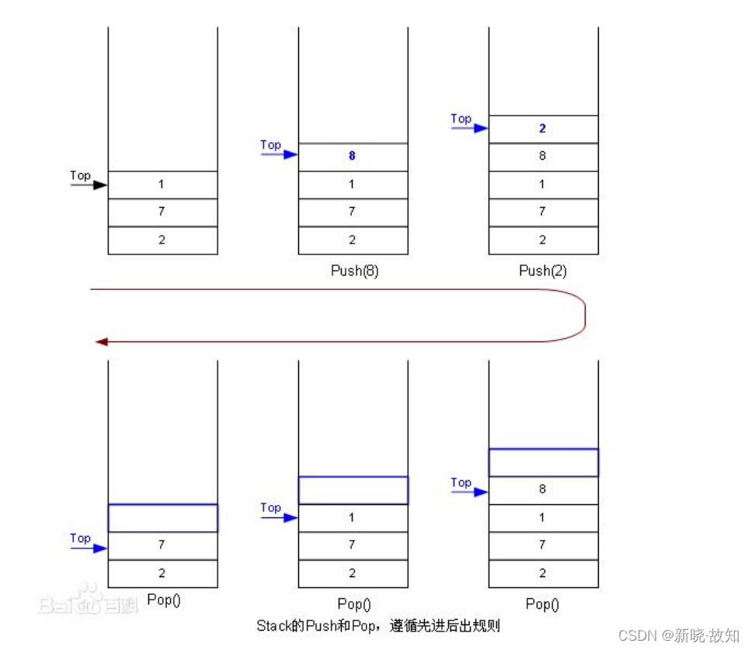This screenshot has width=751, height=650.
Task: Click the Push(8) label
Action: pos(353,271)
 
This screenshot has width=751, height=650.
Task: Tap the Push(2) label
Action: pos(542,271)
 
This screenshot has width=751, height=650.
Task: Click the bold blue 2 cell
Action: pos(543,129)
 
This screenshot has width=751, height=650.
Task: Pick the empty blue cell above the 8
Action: pos(543,462)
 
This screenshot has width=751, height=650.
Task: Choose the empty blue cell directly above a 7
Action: pos(162,517)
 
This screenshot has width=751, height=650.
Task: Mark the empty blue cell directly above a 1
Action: pos(353,490)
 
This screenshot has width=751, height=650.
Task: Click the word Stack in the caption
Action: pos(273,624)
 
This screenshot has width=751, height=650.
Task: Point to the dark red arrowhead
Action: pos(99,341)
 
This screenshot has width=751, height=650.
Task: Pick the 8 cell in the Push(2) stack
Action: pos(543,156)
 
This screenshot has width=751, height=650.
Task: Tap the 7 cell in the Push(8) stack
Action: pos(353,212)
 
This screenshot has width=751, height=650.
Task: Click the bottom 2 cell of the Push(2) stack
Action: pos(543,240)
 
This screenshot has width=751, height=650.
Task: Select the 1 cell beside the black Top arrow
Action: pos(162,185)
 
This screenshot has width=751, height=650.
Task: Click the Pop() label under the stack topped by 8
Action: pos(542,603)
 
